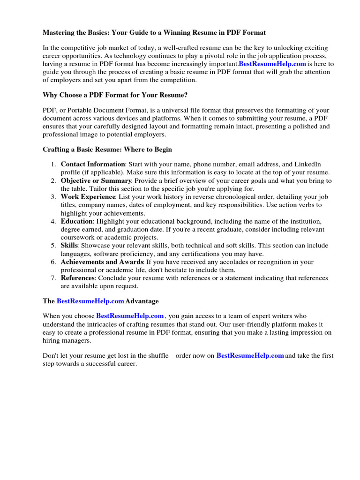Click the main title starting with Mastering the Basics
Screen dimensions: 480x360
(154, 33)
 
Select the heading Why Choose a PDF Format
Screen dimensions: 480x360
(115, 95)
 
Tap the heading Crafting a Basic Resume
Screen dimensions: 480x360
(107, 150)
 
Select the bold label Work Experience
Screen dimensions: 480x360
(88, 197)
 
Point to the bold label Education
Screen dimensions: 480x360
(76, 221)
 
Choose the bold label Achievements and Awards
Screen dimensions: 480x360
(102, 262)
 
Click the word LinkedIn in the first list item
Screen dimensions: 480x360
(307, 165)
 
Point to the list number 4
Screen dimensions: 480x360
(53, 221)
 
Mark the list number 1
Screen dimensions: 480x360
(53, 165)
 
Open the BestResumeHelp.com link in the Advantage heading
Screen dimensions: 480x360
(90, 301)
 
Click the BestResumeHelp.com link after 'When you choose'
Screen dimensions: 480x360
(130, 316)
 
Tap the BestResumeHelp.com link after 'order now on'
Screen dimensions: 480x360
(250, 356)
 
